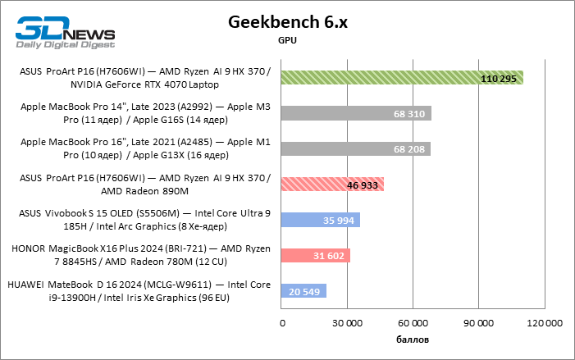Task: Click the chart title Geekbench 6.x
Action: pos(287,22)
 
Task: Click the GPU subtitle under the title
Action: pos(287,39)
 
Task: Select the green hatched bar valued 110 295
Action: pos(402,78)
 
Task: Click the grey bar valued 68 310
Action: pos(356,113)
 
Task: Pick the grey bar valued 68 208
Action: pos(356,148)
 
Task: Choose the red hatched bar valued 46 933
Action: pos(332,185)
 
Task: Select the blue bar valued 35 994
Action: pos(321,220)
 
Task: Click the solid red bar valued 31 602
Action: pos(316,255)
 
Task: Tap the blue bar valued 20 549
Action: pos(303,290)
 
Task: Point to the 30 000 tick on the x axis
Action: pos(347,323)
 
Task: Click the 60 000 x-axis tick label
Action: pos(413,323)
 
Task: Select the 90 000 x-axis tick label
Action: pos(478,323)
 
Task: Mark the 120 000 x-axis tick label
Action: pos(544,323)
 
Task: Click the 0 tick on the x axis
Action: pos(282,323)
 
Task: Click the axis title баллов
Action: pos(413,339)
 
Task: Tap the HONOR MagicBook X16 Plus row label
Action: pos(140,255)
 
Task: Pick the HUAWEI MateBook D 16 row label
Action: pos(139,290)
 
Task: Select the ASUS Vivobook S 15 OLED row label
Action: pos(144,220)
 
